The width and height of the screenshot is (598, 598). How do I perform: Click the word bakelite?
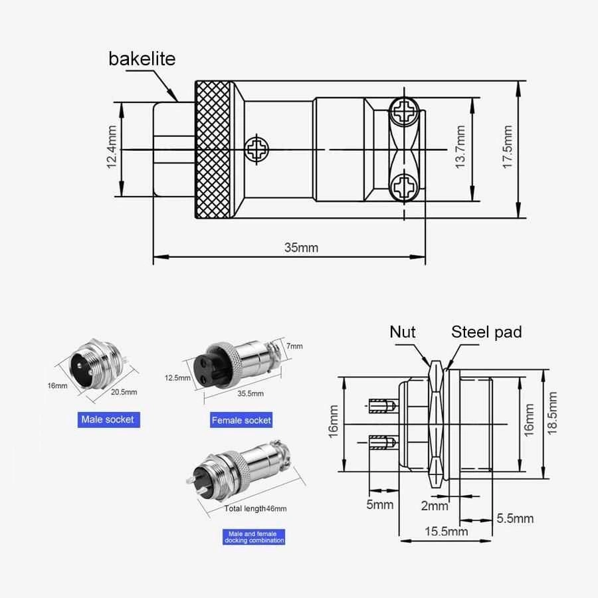tap(142, 58)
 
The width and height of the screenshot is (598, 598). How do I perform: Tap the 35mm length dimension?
tap(301, 248)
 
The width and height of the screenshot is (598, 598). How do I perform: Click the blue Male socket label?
tap(107, 419)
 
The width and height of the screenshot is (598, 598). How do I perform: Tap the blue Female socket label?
tap(241, 420)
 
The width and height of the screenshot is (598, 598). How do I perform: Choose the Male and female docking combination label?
tap(255, 537)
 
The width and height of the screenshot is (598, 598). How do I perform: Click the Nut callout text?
tap(403, 332)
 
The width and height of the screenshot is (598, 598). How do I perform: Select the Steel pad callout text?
tap(486, 332)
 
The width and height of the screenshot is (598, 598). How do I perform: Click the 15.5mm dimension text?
tap(445, 531)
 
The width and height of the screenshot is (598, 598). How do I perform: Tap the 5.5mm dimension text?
tap(515, 518)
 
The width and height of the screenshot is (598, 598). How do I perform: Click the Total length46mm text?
tap(256, 509)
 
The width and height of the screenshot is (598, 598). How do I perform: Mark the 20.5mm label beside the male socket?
tap(124, 392)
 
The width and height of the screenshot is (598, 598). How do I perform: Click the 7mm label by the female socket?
tap(296, 346)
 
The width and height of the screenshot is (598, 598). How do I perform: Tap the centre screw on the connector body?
tap(255, 149)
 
